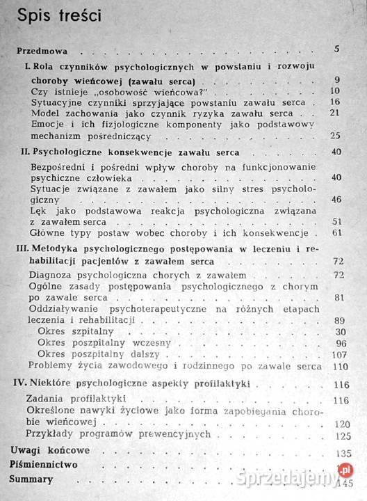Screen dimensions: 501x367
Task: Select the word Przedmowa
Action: point(43,50)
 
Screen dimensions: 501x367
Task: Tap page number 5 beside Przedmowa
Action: point(336,49)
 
